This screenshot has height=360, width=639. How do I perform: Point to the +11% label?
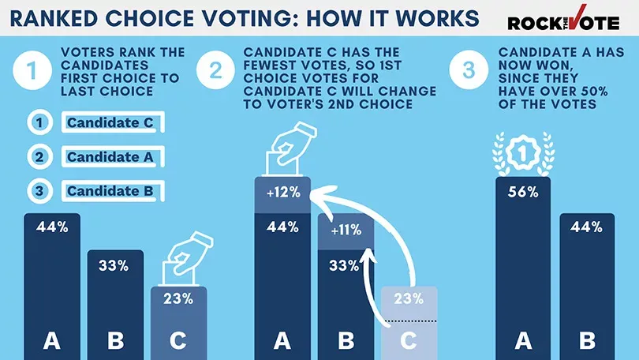(345, 231)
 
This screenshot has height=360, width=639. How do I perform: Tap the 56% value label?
(522, 192)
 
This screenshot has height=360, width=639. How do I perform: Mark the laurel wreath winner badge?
(521, 152)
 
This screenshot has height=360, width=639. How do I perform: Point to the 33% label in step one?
(114, 265)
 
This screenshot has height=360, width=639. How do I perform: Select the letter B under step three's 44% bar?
(587, 341)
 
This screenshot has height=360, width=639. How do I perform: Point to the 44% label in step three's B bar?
(587, 227)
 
